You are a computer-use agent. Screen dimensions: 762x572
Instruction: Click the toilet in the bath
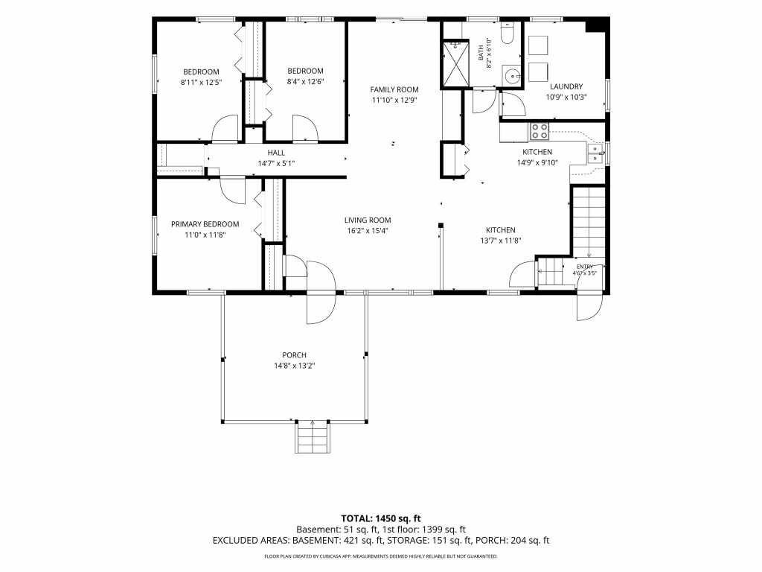pyautogui.click(x=508, y=33)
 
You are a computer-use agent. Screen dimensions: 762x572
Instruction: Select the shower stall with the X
pyautogui.click(x=455, y=64)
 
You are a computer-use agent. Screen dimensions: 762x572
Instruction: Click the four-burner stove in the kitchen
pyautogui.click(x=539, y=131)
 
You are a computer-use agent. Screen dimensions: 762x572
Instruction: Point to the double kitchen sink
pyautogui.click(x=595, y=153)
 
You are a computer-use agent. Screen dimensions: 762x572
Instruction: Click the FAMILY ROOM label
pyautogui.click(x=394, y=89)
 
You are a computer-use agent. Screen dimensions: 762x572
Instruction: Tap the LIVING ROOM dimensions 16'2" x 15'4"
pyautogui.click(x=368, y=231)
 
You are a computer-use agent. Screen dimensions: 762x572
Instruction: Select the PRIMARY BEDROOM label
pyautogui.click(x=205, y=224)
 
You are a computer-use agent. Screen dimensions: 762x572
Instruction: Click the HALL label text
pyautogui.click(x=276, y=153)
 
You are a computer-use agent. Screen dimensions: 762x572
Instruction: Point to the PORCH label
pyautogui.click(x=295, y=355)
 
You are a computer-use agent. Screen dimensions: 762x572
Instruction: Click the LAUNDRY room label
pyautogui.click(x=566, y=86)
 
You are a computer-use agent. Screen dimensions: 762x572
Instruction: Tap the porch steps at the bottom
pyautogui.click(x=313, y=436)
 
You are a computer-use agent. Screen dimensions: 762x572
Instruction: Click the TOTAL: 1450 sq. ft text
pyautogui.click(x=380, y=518)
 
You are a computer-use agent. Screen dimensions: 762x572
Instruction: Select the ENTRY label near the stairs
pyautogui.click(x=585, y=267)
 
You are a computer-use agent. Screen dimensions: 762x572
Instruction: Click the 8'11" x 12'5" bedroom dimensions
pyautogui.click(x=201, y=83)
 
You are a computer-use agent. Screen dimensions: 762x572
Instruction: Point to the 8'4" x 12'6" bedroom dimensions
pyautogui.click(x=305, y=82)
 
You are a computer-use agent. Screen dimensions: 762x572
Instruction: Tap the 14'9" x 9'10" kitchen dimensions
pyautogui.click(x=537, y=163)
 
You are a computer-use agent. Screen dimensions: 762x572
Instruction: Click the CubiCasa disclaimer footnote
pyautogui.click(x=380, y=556)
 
